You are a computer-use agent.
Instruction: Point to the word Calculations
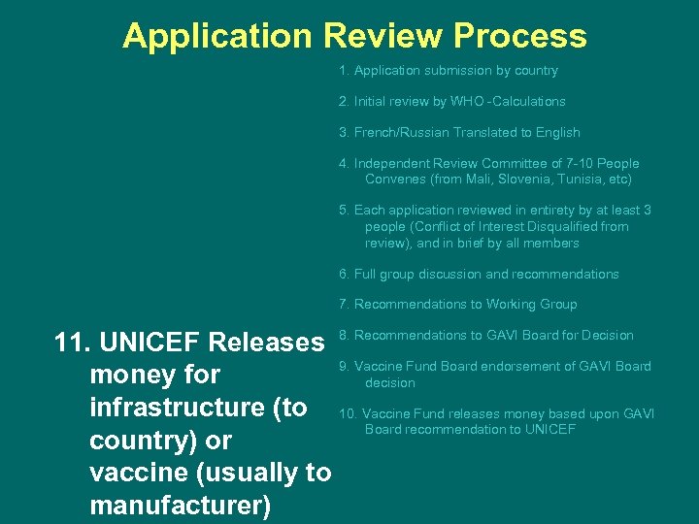pos(529,101)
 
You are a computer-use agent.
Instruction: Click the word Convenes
pos(395,180)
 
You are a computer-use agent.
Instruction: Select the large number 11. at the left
pos(74,343)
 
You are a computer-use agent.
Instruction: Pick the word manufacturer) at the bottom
pos(181,506)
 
